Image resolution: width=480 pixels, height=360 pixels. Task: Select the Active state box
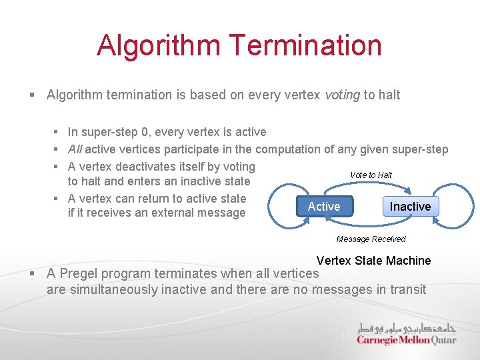[x=324, y=207]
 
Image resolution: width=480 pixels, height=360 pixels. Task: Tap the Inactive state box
[x=410, y=207]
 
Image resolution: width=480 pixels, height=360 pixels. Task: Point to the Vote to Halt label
[x=371, y=175]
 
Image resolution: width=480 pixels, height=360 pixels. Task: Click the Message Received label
[x=371, y=239]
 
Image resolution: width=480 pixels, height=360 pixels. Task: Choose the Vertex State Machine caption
[x=373, y=261]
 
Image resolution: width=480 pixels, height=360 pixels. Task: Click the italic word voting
[x=342, y=95]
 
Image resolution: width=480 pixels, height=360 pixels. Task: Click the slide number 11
[x=345, y=337]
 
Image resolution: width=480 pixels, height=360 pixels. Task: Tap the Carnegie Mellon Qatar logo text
[x=406, y=340]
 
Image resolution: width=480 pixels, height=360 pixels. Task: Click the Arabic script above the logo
[x=406, y=327]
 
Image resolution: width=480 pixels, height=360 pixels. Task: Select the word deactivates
[x=135, y=167]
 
